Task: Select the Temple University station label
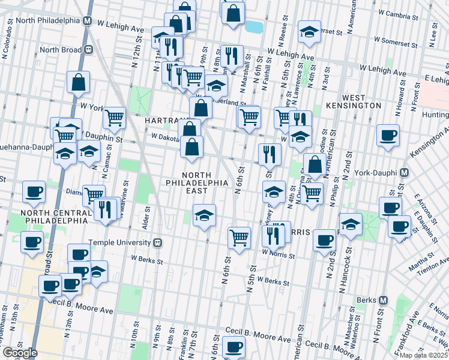coord(118,243)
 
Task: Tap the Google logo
coord(19,353)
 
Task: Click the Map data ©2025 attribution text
coord(424,355)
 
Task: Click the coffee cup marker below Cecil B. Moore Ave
coord(234,347)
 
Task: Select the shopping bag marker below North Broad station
coord(79,82)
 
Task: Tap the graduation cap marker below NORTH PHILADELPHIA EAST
coord(204,214)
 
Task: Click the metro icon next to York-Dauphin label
coord(404,173)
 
